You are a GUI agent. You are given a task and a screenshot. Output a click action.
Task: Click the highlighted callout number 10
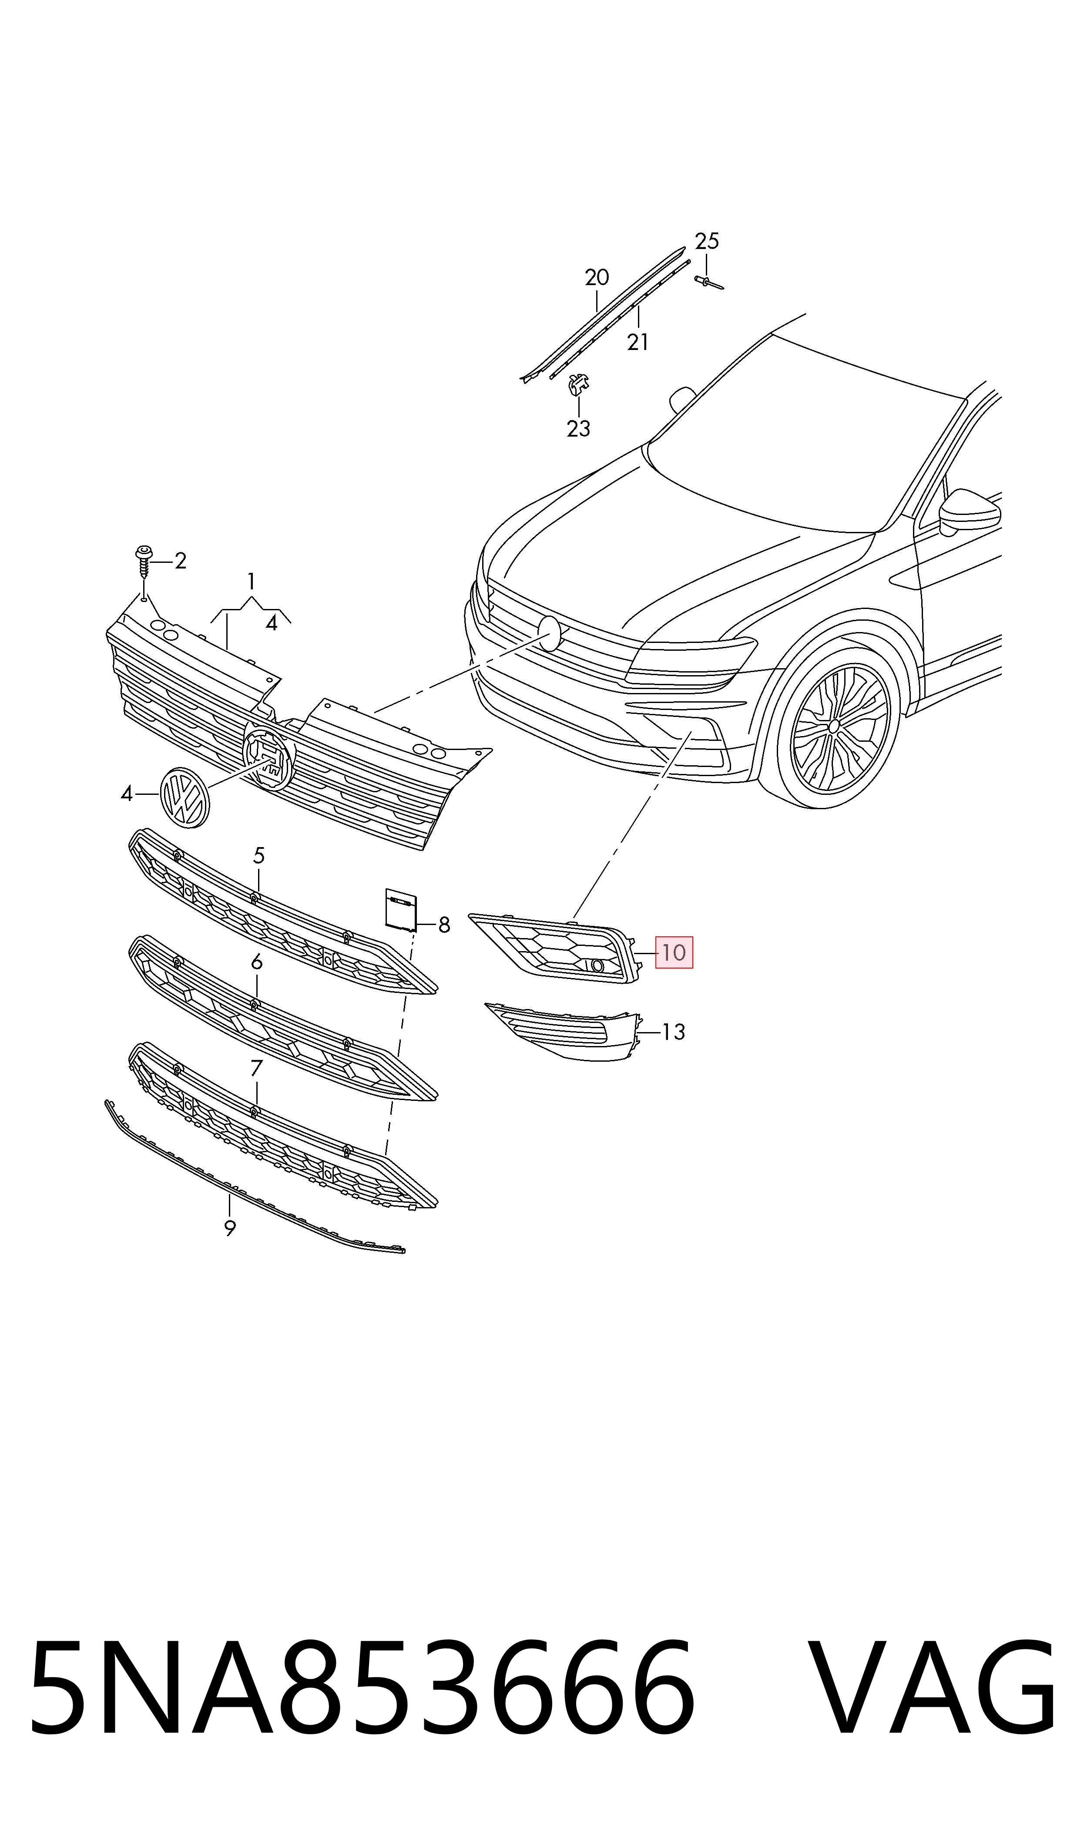674,952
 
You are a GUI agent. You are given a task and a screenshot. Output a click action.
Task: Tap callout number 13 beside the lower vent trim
674,1032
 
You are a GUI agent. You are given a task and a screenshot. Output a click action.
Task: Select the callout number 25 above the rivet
706,241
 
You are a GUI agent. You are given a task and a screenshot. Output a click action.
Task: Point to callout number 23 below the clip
578,429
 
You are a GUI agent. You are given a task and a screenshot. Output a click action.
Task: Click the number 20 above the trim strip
597,278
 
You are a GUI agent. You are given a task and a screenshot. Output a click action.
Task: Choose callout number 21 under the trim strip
638,342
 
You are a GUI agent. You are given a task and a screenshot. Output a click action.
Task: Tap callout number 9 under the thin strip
230,1228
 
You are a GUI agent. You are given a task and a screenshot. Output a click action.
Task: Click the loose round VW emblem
184,797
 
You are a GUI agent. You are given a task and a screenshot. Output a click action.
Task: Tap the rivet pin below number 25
708,282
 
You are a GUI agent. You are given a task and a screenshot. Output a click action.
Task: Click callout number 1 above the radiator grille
251,582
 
